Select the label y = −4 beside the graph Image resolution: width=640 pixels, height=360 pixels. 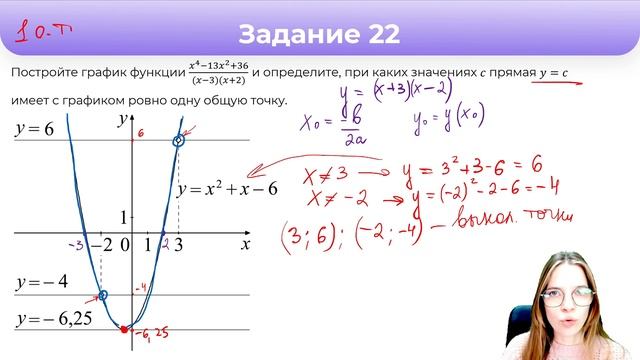click(41, 281)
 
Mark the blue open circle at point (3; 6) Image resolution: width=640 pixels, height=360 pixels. click(179, 141)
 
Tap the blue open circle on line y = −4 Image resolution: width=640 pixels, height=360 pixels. click(103, 296)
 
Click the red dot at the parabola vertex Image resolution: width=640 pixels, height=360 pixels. click(123, 328)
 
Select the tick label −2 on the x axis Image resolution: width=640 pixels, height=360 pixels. click(100, 244)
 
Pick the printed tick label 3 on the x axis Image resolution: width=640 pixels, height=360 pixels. click(179, 244)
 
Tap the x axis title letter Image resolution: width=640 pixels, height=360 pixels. click(244, 243)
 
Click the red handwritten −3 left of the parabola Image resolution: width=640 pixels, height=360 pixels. click(74, 244)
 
